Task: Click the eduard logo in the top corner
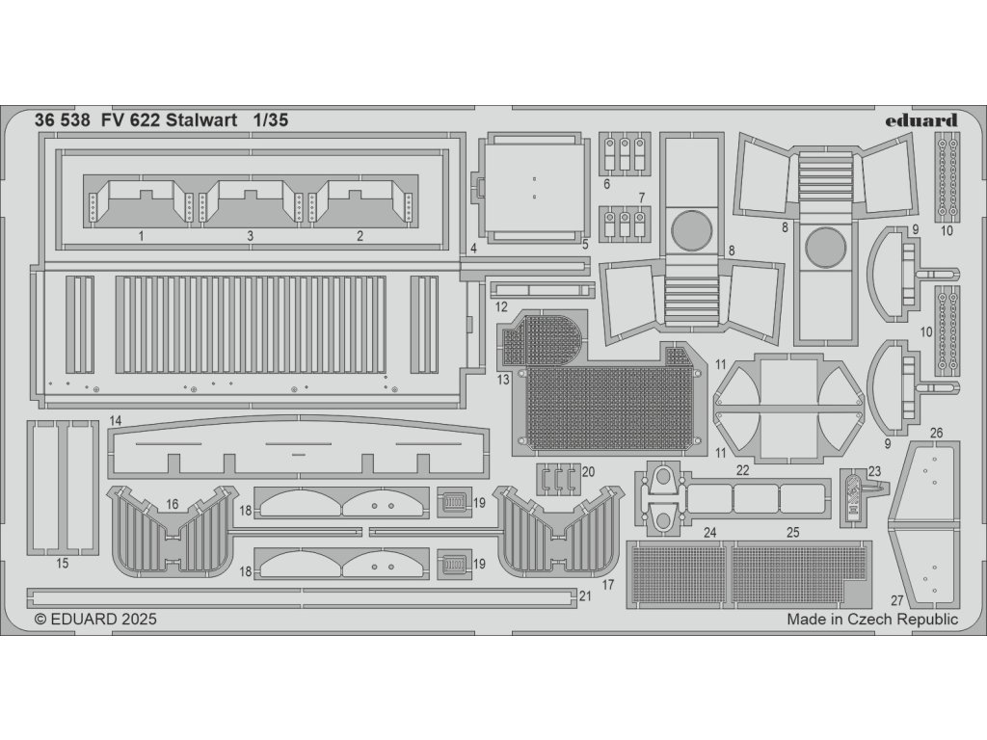point(920,120)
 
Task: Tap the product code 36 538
point(63,121)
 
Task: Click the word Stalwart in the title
point(200,121)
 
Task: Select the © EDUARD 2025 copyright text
point(95,620)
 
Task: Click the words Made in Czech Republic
point(871,620)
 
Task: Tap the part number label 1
point(141,235)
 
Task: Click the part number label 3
point(250,235)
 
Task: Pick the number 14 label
point(115,420)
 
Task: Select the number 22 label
point(742,469)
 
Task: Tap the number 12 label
point(502,306)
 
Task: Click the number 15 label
point(63,563)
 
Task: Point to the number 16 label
point(173,504)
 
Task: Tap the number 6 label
point(607,183)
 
